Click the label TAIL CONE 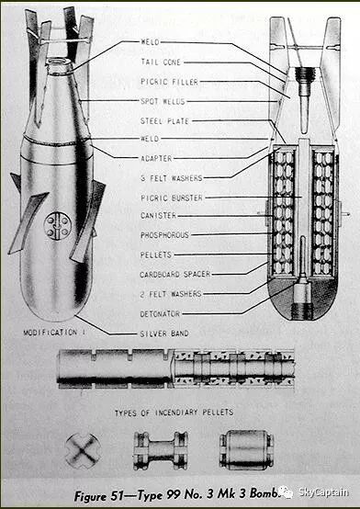tap(161, 62)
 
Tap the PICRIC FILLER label tap(169, 82)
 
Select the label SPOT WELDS tap(163, 101)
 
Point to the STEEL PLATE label tap(164, 121)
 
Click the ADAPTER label tap(156, 158)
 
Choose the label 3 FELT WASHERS tap(172, 178)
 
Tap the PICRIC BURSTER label tap(172, 198)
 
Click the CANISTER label tap(158, 216)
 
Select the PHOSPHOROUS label tap(164, 235)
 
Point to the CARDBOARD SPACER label tap(175, 275)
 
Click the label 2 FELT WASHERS tap(171, 294)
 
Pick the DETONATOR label tap(160, 314)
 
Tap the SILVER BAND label tap(164, 334)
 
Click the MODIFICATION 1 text tap(54, 333)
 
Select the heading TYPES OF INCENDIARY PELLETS tap(174, 413)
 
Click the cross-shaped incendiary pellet tap(83, 450)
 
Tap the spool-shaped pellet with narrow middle tap(161, 450)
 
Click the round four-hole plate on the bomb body tap(58, 226)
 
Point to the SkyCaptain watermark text tap(323, 492)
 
